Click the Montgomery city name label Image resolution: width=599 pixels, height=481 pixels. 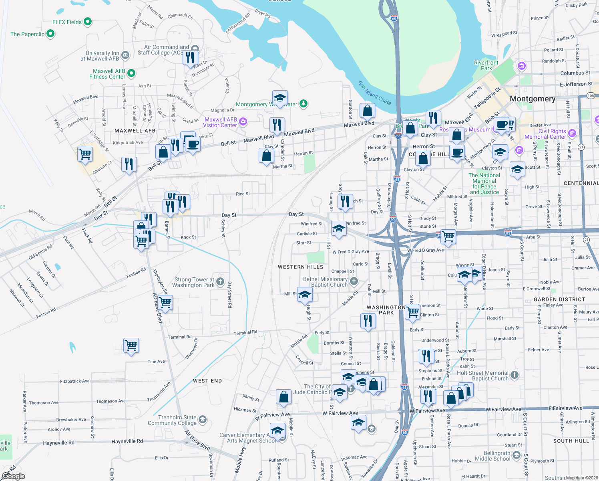click(x=532, y=99)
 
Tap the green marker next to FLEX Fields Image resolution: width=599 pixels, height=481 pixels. click(x=88, y=22)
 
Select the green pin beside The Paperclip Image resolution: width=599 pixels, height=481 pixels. click(x=50, y=34)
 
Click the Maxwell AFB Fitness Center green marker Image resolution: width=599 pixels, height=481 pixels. click(x=131, y=73)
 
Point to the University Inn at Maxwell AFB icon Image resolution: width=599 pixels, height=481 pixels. click(x=125, y=55)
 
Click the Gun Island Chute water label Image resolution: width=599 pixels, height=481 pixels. click(x=374, y=93)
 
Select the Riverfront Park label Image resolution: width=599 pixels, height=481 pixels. click(x=486, y=65)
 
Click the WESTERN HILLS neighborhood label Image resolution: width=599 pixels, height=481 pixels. click(x=300, y=267)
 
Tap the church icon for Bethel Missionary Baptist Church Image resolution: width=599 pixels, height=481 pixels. click(x=354, y=281)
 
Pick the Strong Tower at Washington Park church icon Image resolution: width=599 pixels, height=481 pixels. click(x=220, y=282)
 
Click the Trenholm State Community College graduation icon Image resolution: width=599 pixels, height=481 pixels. click(x=202, y=420)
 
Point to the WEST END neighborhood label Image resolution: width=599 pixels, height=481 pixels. click(x=207, y=381)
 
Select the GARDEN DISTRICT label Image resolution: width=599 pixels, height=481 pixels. click(x=559, y=299)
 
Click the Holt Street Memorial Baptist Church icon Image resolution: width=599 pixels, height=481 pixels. click(x=515, y=375)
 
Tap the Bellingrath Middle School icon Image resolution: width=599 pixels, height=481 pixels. click(x=516, y=455)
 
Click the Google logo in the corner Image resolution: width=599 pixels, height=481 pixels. click(x=13, y=476)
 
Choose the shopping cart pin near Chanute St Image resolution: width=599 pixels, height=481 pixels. click(x=85, y=154)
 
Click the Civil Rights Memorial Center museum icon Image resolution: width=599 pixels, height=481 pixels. click(x=572, y=133)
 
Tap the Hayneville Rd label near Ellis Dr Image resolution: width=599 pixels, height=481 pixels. click(x=127, y=441)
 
